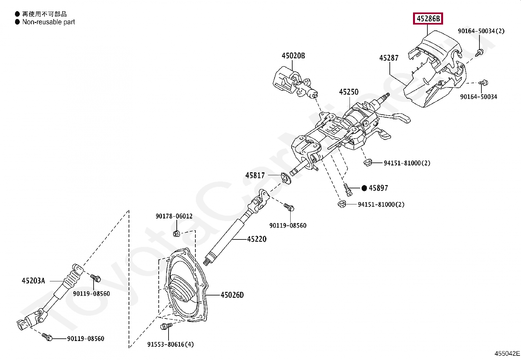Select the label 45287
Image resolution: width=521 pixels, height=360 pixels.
tap(389, 58)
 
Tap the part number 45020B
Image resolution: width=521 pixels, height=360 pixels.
tap(293, 56)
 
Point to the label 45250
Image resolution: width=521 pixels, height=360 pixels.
tap(349, 92)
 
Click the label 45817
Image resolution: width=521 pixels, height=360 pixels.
tap(255, 176)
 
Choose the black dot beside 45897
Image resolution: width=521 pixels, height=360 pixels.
tap(365, 188)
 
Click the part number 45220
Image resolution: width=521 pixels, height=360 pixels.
tap(257, 239)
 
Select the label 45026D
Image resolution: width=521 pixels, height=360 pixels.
tap(232, 295)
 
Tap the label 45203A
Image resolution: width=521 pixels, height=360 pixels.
tap(33, 280)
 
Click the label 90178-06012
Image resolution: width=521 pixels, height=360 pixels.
tap(174, 216)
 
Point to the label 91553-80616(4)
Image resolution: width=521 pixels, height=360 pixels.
tap(171, 344)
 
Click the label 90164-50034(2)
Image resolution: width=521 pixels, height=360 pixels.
tap(481, 31)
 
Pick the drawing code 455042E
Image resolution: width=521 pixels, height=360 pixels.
tap(507, 353)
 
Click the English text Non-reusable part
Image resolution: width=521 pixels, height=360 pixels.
tap(48, 22)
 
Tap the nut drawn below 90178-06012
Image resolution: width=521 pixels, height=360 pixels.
tap(176, 233)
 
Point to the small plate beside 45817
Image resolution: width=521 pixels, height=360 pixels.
tap(286, 179)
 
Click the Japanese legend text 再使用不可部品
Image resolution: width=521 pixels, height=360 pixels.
tap(44, 14)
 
